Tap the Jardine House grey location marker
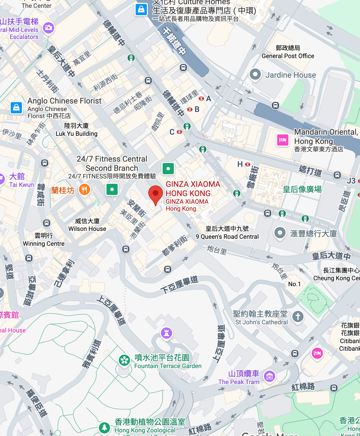click(255, 75)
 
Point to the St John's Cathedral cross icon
click(298, 316)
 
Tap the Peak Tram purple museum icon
click(270, 376)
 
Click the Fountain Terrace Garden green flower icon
click(124, 360)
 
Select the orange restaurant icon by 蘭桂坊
click(84, 190)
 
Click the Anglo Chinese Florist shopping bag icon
click(16, 108)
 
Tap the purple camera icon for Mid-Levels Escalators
click(49, 27)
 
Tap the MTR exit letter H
click(240, 164)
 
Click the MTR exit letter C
click(172, 132)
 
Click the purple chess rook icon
click(167, 333)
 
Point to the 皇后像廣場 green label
click(302, 189)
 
